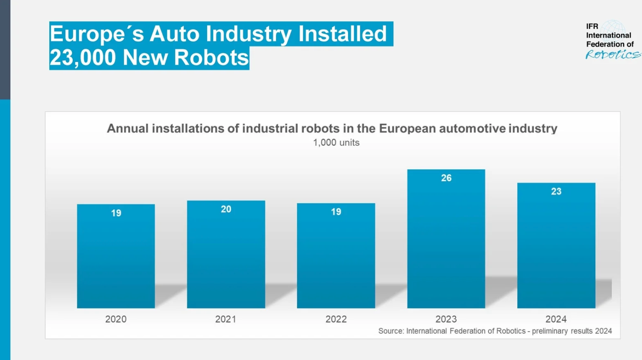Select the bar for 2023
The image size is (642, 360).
(x=446, y=239)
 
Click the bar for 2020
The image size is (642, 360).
(x=116, y=257)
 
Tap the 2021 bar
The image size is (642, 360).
(x=226, y=255)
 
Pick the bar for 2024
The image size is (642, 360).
(x=556, y=246)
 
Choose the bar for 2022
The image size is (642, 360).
(x=336, y=256)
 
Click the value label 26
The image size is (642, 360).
(x=446, y=178)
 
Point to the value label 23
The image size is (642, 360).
(x=556, y=192)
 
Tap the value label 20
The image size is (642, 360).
(x=226, y=209)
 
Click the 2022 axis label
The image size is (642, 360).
(x=336, y=319)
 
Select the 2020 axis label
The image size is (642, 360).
(x=116, y=319)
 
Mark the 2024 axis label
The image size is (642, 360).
(x=556, y=319)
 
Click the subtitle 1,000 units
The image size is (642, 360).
(x=336, y=143)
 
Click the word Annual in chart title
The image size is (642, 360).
(x=128, y=129)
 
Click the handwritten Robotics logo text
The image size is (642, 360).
(x=613, y=55)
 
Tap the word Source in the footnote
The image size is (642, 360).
(x=390, y=331)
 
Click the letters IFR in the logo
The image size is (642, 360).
(x=592, y=27)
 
